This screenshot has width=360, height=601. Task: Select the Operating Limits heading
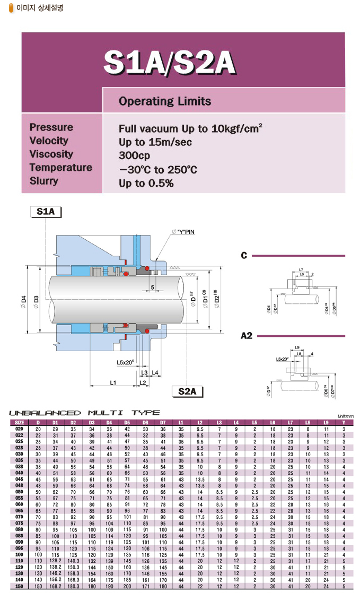165,101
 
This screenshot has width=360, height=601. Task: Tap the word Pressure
51,127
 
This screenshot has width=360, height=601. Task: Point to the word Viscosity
51,154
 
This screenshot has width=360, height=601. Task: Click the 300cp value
135,156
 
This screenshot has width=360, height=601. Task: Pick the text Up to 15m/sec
155,142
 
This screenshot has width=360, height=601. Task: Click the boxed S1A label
46,212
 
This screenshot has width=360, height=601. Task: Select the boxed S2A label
187,392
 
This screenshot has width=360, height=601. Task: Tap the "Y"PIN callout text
183,232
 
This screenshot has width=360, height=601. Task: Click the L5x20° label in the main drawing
126,362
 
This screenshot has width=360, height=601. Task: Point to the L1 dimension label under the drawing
113,382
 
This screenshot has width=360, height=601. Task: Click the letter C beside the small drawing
244,256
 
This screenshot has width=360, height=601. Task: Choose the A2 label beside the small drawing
246,336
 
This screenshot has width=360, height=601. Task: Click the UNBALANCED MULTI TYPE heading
84,412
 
